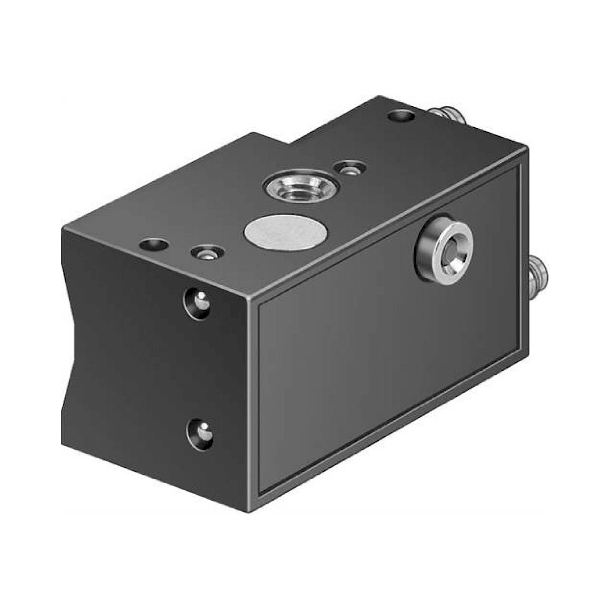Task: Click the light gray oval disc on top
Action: [x=286, y=232]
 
